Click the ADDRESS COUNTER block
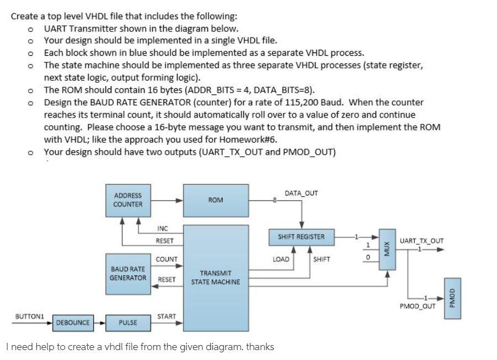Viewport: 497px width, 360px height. tap(127, 200)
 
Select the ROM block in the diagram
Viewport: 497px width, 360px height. tap(215, 200)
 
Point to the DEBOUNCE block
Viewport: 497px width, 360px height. tap(72, 322)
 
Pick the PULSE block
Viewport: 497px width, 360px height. tap(127, 322)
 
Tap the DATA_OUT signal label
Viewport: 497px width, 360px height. tap(301, 193)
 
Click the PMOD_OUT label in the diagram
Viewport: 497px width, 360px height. tap(418, 305)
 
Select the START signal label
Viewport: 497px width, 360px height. tap(166, 316)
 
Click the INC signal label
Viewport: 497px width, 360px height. tap(162, 229)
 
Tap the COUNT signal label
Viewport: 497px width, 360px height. tap(167, 260)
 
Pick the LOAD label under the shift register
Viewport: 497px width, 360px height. tap(281, 259)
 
